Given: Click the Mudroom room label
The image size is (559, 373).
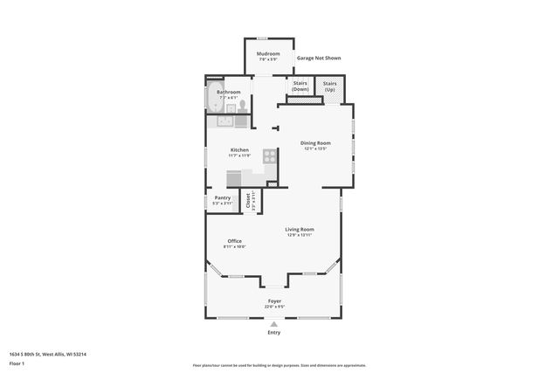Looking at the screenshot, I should pos(267,54).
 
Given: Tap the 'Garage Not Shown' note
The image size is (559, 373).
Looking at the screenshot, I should pos(319,58).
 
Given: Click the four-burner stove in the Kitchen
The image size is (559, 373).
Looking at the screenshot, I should pos(270,157).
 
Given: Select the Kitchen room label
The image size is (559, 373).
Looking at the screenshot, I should pos(239,149).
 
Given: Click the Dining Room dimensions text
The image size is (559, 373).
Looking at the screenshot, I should pos(315,149).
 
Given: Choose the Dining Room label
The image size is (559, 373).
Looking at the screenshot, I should pos(315,142).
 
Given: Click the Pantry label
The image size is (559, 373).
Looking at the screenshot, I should pos(223,197).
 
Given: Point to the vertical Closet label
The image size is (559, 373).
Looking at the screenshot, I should pos(249,201).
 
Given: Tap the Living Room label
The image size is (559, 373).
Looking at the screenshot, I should pos(299,229).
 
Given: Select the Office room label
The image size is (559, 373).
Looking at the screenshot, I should pos(234,240).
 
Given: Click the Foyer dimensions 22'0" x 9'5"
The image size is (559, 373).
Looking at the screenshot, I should pos(274,307).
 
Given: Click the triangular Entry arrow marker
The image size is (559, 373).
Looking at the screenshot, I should pos(274,323).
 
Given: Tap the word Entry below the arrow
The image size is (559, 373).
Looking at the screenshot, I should pos(274,332).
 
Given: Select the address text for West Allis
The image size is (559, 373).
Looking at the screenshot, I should pos(47,354).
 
